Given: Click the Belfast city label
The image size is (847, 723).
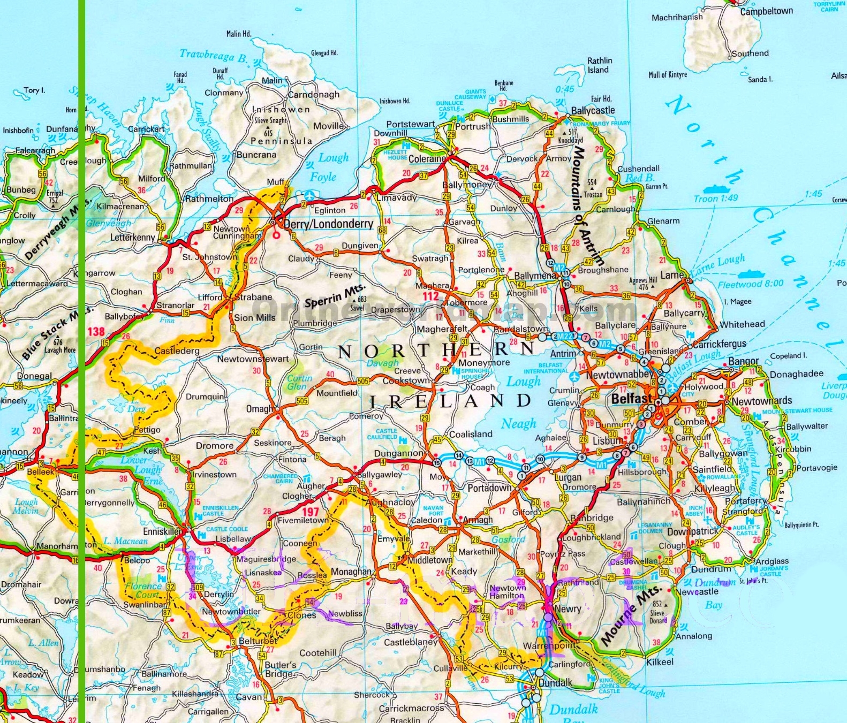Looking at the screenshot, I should point(632,399).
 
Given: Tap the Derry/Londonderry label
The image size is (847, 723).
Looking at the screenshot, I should point(328,224).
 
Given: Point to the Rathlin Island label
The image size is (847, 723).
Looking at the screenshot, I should point(600,65).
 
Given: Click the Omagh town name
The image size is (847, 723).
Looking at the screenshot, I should point(259,409).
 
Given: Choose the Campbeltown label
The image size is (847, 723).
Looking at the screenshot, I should point(766,11).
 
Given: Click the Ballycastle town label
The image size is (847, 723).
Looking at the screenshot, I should point(593,111).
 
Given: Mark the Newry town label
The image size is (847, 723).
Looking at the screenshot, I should point(568,608).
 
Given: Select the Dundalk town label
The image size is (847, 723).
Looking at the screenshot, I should point(555,683).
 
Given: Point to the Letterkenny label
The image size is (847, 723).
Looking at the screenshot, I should point(133,237).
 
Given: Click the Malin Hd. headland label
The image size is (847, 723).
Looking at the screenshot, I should point(238,34).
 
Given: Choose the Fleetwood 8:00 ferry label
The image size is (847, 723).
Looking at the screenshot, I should point(750,284).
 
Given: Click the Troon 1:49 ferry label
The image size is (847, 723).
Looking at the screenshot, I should point(716,199).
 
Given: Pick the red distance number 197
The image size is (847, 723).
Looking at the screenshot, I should point(311,512).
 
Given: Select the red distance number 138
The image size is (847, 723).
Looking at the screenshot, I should point(96,331).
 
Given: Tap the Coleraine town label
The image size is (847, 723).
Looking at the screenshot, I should point(427,159).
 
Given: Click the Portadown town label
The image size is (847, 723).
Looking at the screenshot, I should point(489,488).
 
